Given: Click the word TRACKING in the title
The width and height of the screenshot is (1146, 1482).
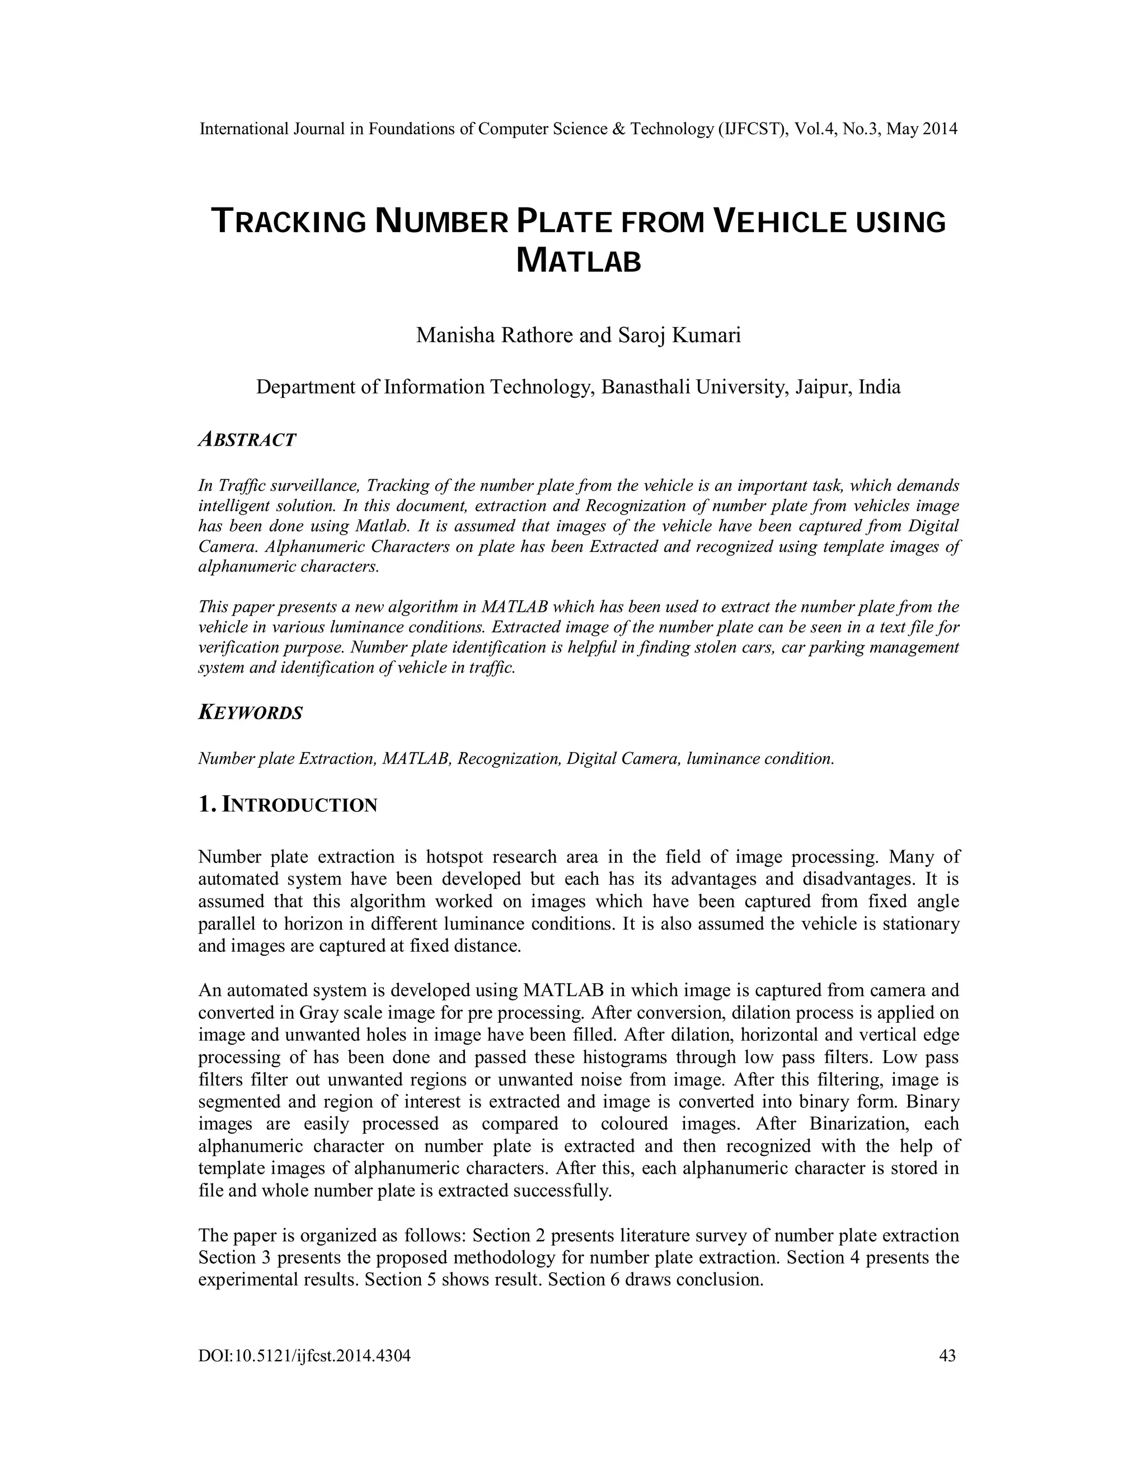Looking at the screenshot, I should (289, 223).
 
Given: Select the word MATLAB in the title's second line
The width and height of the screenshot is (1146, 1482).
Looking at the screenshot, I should (579, 261).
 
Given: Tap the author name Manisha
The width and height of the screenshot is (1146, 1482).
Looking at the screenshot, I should (455, 335).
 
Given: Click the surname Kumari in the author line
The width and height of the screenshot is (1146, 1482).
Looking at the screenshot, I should (707, 335).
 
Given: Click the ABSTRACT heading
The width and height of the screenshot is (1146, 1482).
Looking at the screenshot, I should (247, 440).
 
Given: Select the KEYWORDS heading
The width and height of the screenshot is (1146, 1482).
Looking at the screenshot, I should (251, 713).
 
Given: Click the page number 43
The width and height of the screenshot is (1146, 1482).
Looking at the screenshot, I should (947, 1337).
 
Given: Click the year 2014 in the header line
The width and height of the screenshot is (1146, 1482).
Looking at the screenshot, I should (940, 129).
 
